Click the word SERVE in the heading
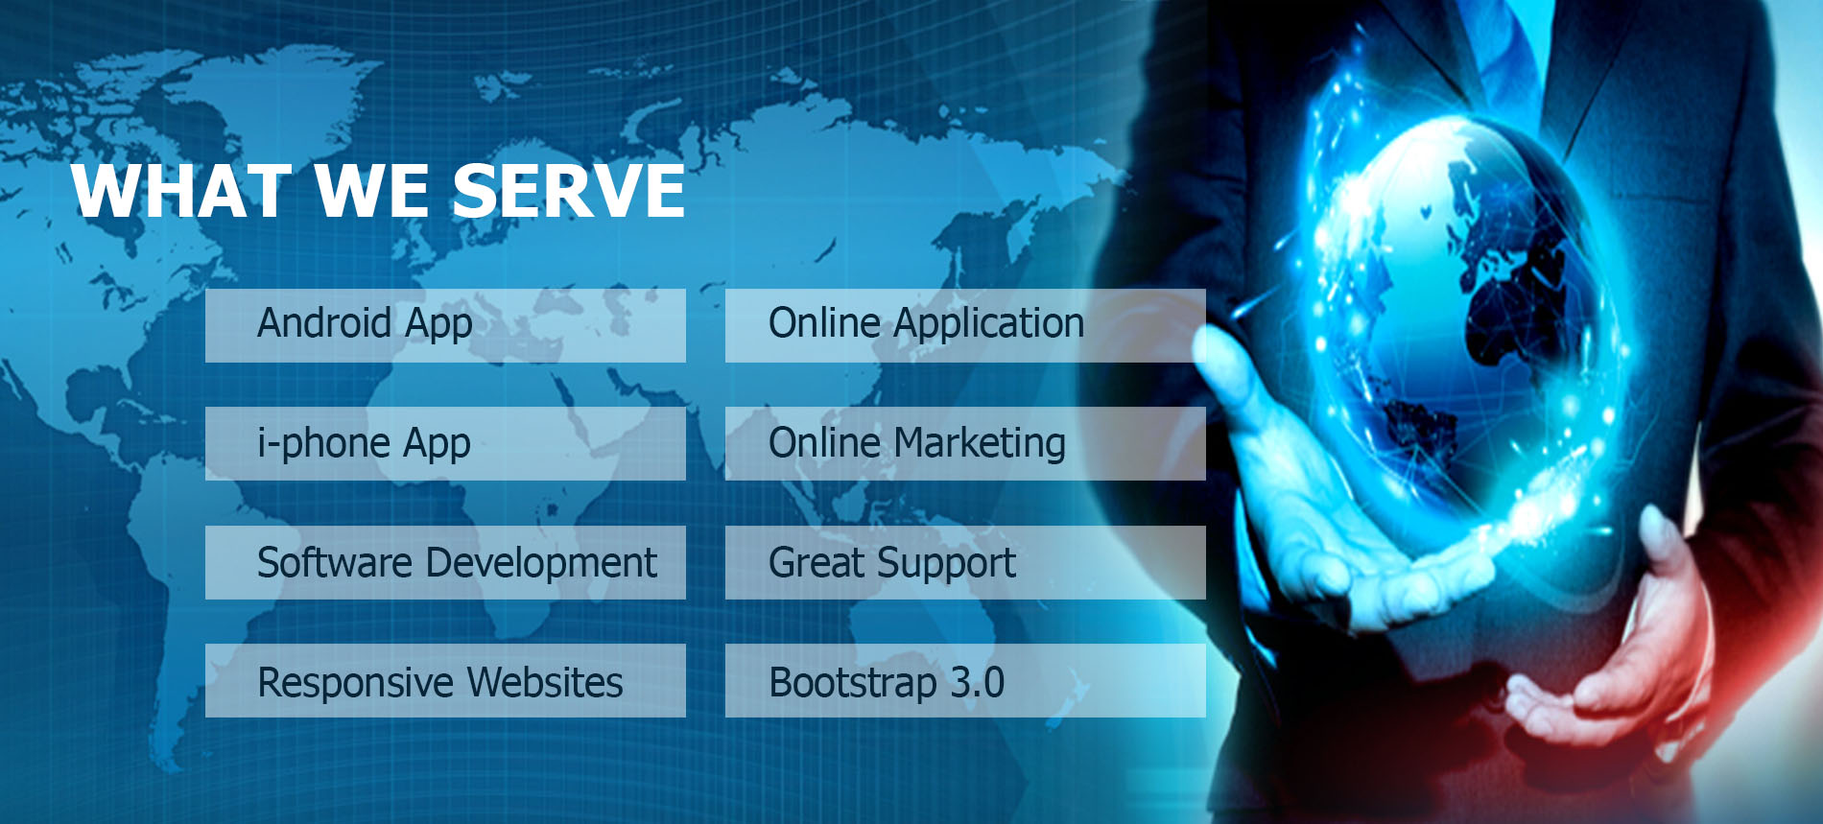568,190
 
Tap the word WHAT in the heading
181,190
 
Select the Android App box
445,325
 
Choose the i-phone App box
445,443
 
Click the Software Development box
445,562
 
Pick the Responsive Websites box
445,680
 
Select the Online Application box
965,325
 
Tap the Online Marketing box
965,443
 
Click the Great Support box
965,562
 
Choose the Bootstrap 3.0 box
965,680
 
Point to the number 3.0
978,682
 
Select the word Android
324,323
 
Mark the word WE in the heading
371,190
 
